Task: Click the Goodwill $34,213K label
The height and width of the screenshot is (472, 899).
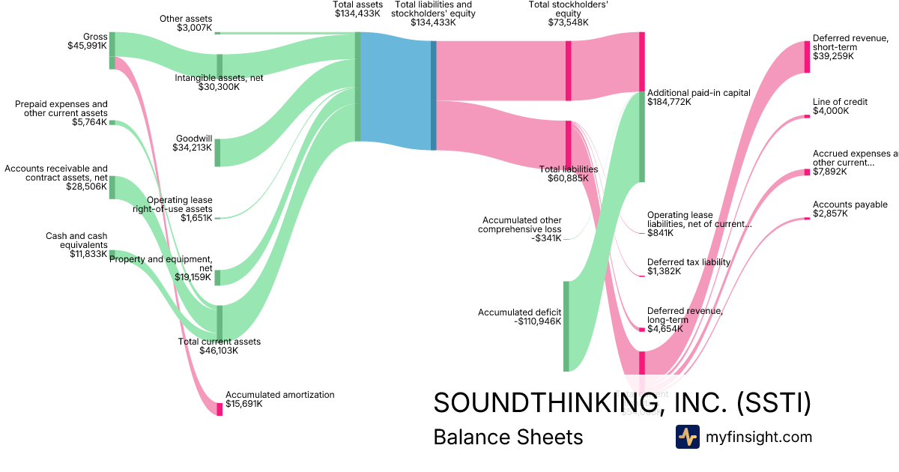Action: [194, 143]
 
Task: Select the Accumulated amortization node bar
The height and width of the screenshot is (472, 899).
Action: [220, 408]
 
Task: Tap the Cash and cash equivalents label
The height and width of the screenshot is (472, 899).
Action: [76, 245]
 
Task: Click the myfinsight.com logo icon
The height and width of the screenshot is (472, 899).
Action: [687, 437]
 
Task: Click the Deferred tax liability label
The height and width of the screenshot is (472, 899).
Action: [688, 267]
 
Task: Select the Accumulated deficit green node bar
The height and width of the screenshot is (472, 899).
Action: [566, 326]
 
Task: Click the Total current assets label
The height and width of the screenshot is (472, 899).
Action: [220, 346]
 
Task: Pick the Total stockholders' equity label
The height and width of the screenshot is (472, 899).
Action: [568, 13]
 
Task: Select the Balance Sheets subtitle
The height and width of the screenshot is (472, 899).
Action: [508, 438]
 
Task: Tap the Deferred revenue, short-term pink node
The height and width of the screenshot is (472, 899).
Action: [807, 56]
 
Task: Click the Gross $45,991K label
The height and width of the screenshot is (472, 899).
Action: [88, 41]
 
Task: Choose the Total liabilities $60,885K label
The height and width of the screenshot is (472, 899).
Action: [568, 174]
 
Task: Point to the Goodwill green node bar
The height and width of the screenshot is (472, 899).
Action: [218, 152]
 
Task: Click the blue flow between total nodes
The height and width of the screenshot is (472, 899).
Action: [396, 91]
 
